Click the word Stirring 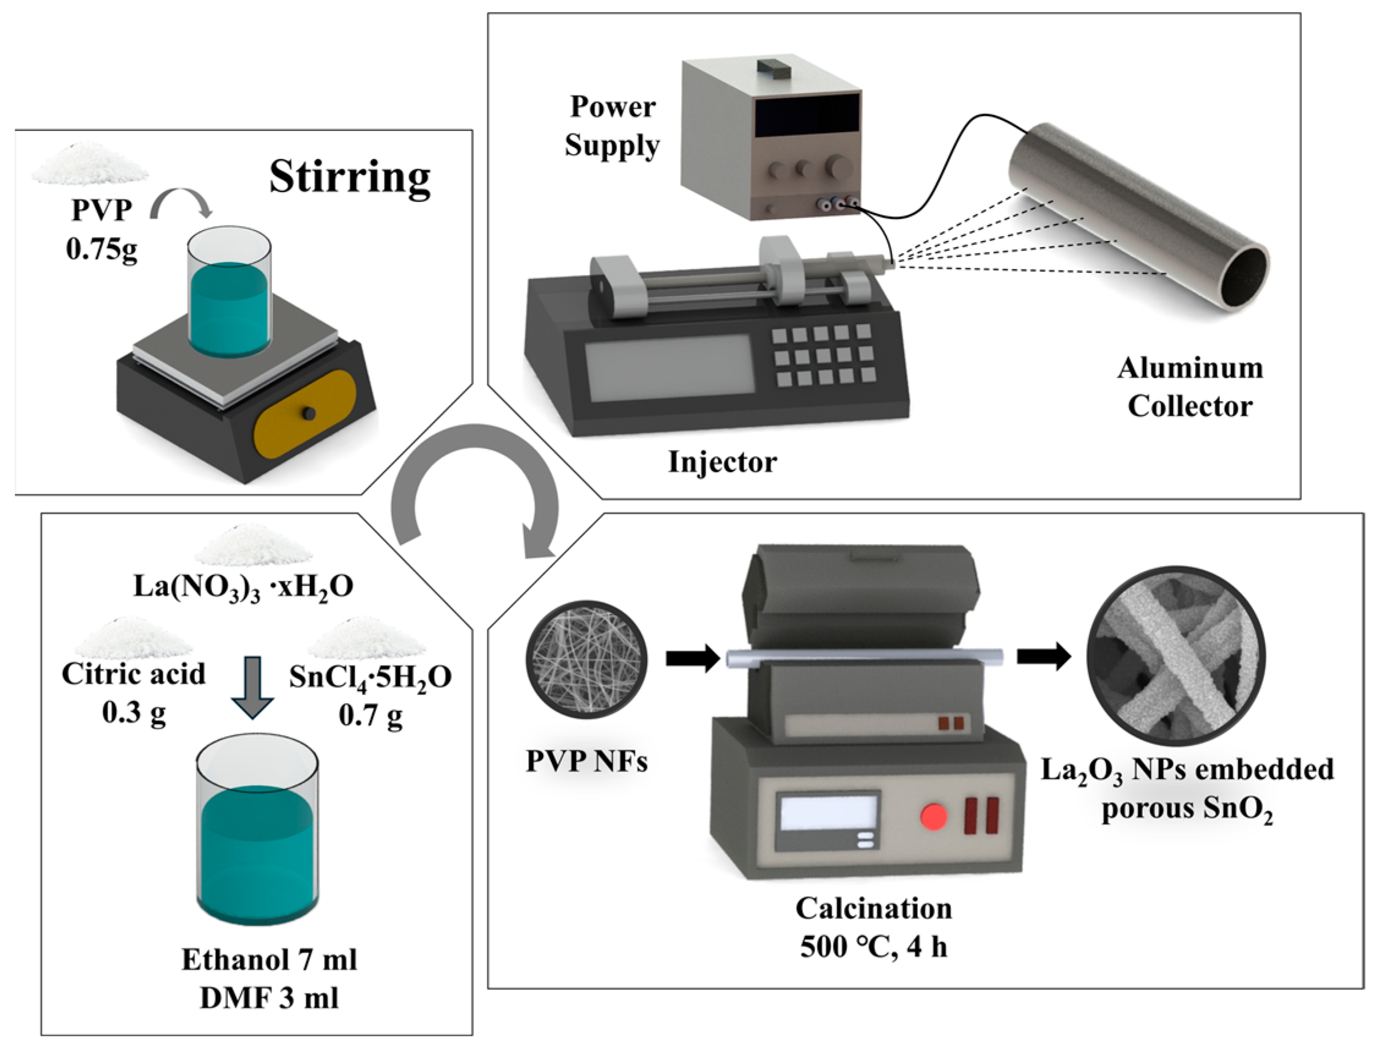(x=350, y=177)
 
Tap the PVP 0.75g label (x=102, y=230)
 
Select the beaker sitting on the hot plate (x=229, y=292)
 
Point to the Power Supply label (x=612, y=127)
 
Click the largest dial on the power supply (x=836, y=165)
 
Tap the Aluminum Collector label (x=1189, y=387)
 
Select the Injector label (x=722, y=462)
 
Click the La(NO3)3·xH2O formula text (x=243, y=586)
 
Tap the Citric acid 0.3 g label (x=133, y=693)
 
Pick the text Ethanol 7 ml (x=269, y=960)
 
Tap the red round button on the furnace (x=933, y=816)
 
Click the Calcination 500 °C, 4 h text (x=873, y=928)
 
